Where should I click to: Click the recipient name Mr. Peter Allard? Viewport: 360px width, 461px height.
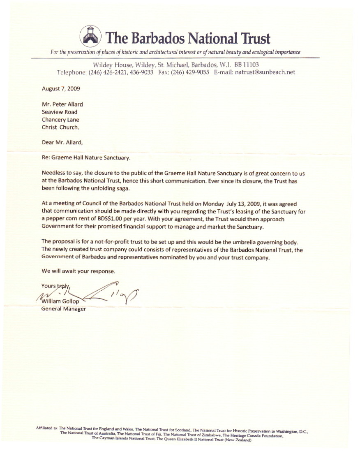pyautogui.click(x=62, y=104)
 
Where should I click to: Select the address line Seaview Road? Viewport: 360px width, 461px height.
pyautogui.click(x=60, y=112)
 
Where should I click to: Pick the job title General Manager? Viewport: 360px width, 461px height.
pyautogui.click(x=64, y=309)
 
